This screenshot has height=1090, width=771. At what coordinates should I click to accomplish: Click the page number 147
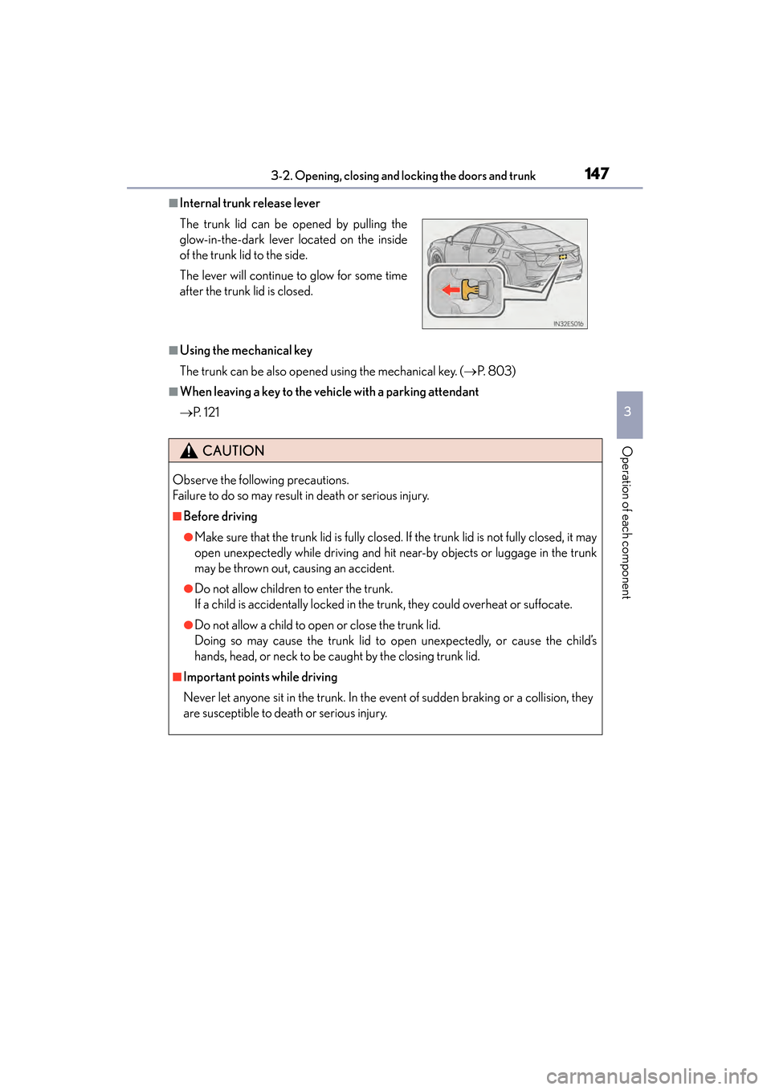[597, 173]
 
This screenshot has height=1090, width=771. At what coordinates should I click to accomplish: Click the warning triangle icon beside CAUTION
[189, 451]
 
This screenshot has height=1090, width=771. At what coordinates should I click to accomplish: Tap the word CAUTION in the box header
[234, 451]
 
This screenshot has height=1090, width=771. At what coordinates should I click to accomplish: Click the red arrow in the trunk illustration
[451, 290]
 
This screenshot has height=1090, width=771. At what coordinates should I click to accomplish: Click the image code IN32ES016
[568, 323]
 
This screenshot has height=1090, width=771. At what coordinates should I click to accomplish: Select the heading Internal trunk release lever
[250, 203]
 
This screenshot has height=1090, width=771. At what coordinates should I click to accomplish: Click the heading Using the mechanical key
[246, 350]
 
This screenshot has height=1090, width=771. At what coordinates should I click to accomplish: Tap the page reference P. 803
[496, 371]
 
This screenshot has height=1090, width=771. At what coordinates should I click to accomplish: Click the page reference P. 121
[206, 412]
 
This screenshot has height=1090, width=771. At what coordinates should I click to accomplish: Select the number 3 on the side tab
[628, 412]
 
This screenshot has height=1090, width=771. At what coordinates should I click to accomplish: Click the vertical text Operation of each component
[627, 522]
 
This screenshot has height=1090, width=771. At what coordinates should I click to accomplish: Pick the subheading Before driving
[220, 516]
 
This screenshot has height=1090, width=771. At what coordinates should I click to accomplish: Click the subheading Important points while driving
[260, 677]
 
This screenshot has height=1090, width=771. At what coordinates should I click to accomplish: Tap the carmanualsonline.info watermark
[651, 1076]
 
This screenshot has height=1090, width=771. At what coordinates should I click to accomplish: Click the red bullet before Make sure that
[188, 537]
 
